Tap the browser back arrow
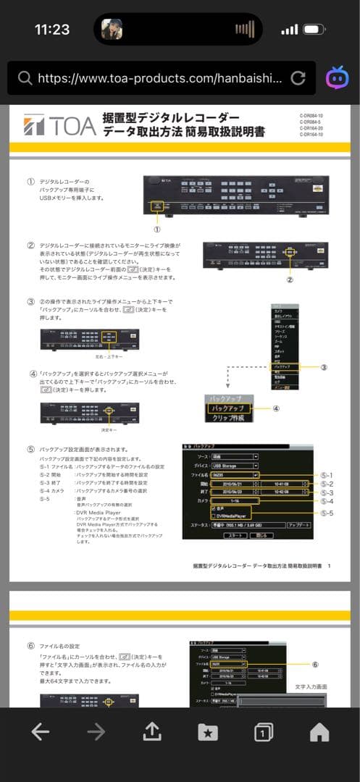pos(41,732)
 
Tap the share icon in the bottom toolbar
pos(151,732)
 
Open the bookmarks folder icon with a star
pos(208,732)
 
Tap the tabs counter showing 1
pos(264,733)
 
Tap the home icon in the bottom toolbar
pos(319,732)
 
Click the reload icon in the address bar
pos(297,78)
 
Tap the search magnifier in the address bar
pos(25,78)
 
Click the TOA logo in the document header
pos(59,126)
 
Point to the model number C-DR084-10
pos(311,116)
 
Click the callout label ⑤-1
pos(327,474)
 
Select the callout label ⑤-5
pos(327,513)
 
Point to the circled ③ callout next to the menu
pos(324,367)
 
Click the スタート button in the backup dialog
pos(233,535)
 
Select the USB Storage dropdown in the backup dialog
pos(235,466)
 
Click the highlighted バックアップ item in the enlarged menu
pos(227,408)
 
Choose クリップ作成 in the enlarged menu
pos(227,419)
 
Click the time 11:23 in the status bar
pos(52,30)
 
